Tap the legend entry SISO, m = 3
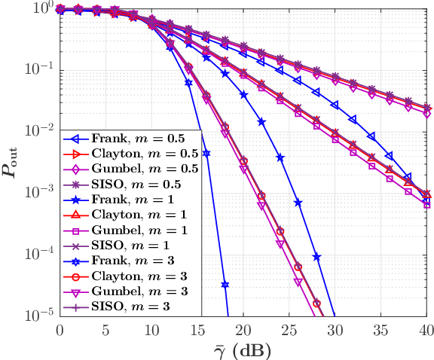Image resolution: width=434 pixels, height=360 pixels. click(127, 307)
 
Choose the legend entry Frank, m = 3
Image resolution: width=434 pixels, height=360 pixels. click(129, 261)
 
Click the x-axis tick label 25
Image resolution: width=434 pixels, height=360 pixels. click(289, 330)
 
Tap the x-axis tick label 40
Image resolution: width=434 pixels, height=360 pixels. click(426, 330)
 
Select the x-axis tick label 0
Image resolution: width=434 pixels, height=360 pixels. click(60, 330)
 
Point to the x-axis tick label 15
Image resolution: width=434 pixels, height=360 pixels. click(197, 330)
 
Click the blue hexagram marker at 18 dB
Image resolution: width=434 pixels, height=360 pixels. click(225, 285)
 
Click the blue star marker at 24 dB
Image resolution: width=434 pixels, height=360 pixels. click(280, 157)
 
